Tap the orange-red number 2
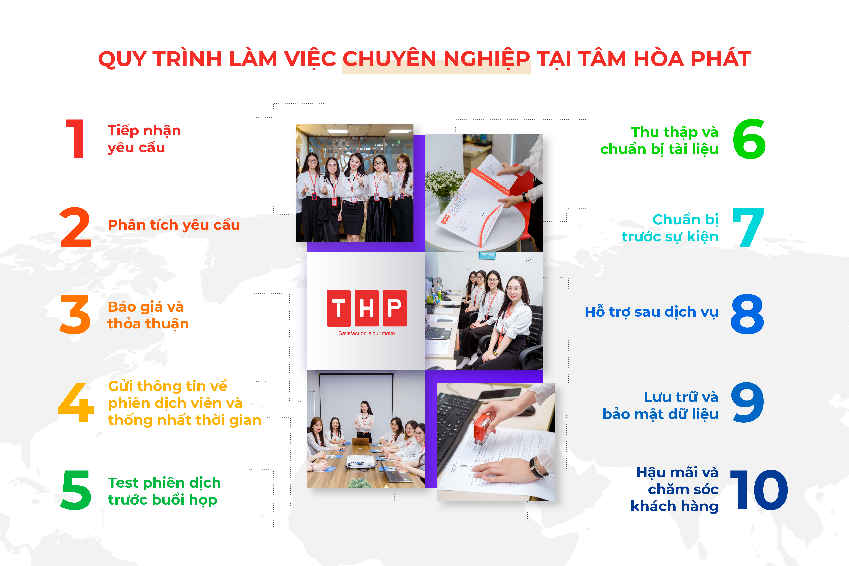coord(75,227)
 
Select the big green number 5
coord(76,490)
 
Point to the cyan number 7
coord(748,227)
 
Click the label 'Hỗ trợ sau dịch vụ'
coord(652,312)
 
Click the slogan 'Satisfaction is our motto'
coord(366,333)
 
